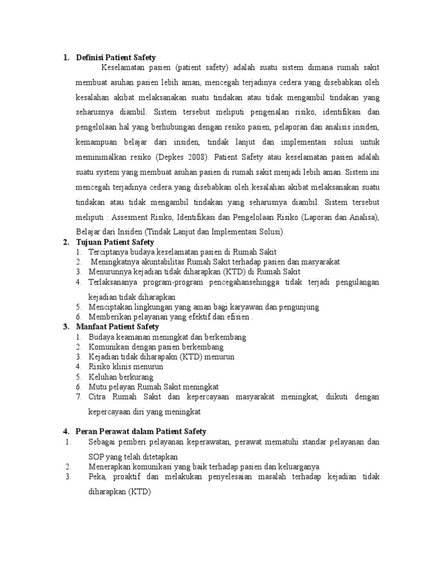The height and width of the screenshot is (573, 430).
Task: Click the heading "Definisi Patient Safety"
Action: [116, 57]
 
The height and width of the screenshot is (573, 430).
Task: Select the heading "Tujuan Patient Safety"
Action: [115, 242]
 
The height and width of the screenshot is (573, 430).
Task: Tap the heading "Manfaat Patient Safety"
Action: [118, 326]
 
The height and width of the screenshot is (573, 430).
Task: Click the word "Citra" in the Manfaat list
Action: [97, 397]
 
